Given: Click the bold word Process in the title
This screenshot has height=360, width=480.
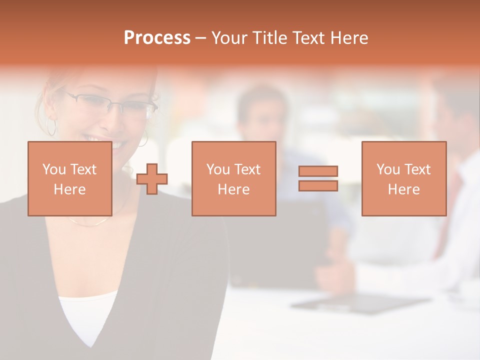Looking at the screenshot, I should (157, 38).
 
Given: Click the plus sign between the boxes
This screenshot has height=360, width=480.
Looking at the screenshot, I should (152, 179).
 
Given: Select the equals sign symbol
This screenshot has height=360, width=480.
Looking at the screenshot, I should (318, 179).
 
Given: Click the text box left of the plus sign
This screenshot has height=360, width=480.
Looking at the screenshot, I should (69, 178).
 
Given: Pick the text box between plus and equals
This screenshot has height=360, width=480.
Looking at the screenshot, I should (233, 178).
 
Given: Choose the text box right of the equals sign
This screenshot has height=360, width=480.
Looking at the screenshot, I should (403, 178).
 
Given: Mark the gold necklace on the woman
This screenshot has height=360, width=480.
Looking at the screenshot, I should (90, 222).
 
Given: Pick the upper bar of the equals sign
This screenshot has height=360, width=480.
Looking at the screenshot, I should (318, 171).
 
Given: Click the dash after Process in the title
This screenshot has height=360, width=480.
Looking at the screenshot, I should (200, 38).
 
